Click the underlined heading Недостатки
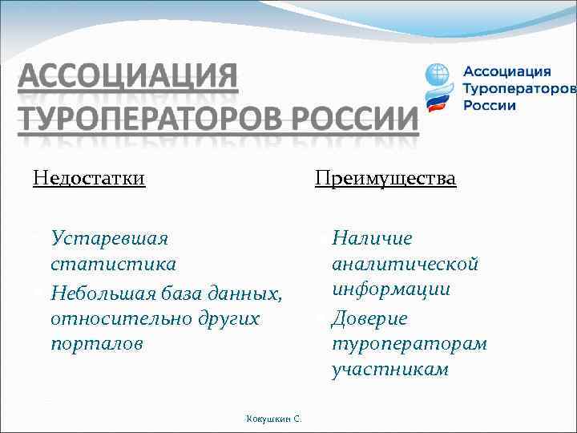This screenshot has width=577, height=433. tap(89, 177)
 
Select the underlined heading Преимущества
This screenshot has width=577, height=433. tap(385, 177)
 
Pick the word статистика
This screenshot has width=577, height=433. tap(114, 264)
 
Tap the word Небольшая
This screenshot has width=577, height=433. tap(106, 292)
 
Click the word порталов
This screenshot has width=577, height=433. tap(96, 344)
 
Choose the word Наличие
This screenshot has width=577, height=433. tap(372, 238)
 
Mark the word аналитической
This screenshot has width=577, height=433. tap(405, 264)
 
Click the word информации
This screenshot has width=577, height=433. tap(391, 289)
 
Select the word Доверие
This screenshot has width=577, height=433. tap(369, 318)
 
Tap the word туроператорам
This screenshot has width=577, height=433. tap(409, 344)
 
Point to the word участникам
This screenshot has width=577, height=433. tap(390, 370)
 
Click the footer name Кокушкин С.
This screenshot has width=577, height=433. tap(274, 419)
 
